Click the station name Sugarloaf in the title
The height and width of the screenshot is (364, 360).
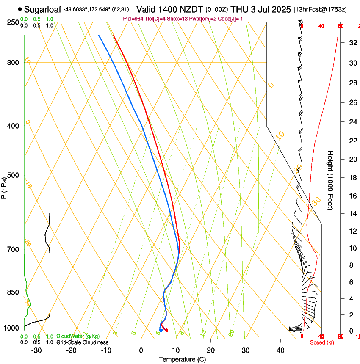42,9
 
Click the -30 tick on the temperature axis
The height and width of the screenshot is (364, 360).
36,350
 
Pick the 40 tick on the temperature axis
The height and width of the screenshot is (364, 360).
280,350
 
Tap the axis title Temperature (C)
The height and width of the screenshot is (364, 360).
182,359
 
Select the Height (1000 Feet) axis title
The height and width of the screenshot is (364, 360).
330,180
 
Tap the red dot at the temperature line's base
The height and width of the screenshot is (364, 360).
166,330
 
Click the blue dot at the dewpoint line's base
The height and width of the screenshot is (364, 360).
161,330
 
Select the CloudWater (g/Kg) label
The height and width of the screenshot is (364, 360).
78,336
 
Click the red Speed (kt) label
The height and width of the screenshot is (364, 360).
322,342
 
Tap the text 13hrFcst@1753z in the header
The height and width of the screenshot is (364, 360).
320,9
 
